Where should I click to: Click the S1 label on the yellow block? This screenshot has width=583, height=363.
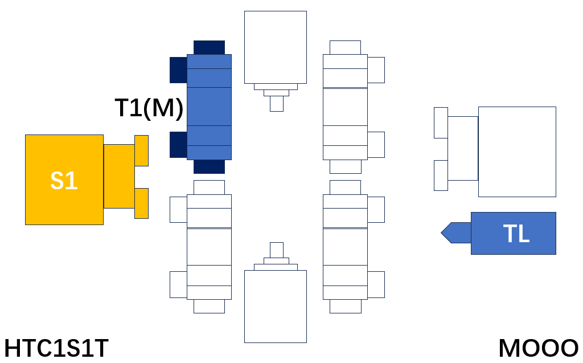point(64,181)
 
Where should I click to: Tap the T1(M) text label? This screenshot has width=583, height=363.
point(149,108)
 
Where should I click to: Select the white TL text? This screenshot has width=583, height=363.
point(516,234)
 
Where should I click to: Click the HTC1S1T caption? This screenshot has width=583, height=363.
point(56,349)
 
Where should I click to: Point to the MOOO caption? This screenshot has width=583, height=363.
point(539,349)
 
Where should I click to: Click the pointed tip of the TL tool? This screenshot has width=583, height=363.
point(441,233)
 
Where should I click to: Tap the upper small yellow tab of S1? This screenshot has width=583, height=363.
point(141,150)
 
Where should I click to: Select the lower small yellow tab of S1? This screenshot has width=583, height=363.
point(141,203)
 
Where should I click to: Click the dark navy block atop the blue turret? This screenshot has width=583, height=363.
point(209,48)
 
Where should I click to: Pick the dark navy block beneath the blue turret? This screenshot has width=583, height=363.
point(209,166)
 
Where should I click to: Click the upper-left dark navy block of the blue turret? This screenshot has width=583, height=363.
point(178,70)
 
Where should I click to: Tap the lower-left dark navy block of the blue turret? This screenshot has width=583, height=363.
point(178,144)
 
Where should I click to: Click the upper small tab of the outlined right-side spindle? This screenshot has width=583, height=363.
point(441,123)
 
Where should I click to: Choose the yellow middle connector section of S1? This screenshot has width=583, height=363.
point(119,176)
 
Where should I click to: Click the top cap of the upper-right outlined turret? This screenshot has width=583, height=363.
point(345,48)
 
